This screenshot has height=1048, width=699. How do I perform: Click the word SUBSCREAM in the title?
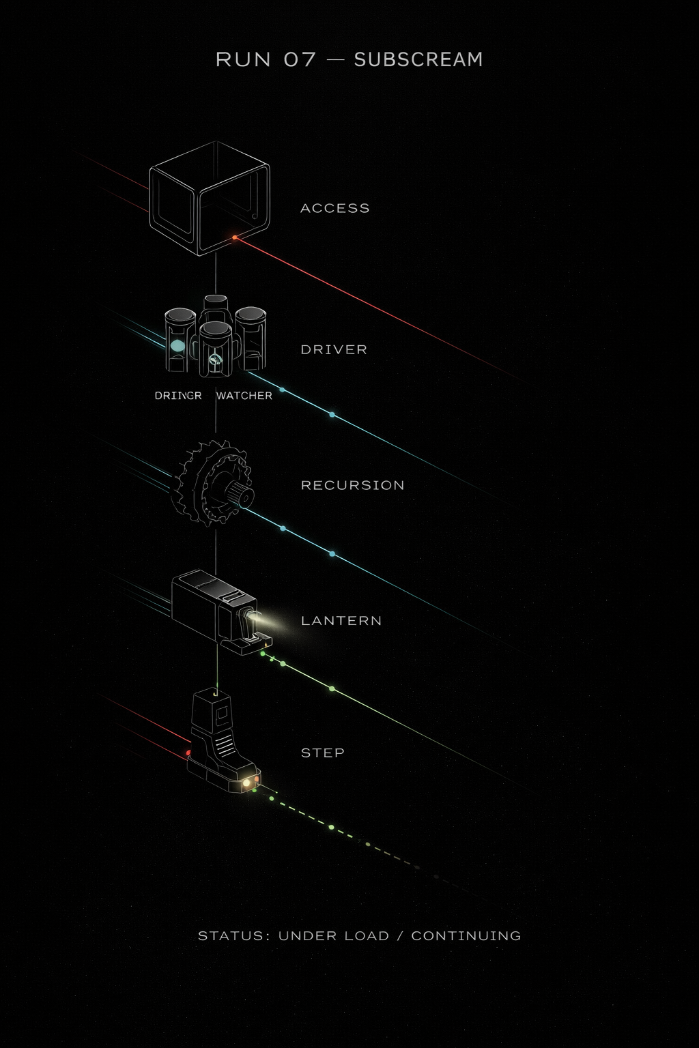[418, 59]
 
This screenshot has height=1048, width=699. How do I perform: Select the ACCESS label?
[334, 208]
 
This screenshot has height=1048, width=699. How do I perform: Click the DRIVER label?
[334, 349]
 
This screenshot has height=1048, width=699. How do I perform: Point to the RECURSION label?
[352, 485]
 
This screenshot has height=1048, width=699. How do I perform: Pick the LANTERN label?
[341, 620]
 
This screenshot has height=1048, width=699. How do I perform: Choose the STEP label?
[322, 753]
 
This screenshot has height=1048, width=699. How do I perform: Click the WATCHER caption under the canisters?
[244, 396]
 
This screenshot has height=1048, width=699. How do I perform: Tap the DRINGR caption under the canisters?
[178, 396]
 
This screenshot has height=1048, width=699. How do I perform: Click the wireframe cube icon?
[209, 198]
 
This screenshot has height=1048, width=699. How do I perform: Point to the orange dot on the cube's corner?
[234, 237]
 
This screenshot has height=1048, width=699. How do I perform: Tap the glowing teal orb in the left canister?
[177, 346]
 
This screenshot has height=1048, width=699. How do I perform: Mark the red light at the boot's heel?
[188, 753]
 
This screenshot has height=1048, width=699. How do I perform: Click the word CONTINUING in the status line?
[466, 935]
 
